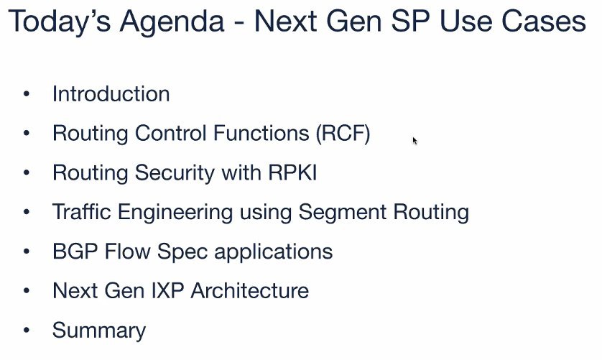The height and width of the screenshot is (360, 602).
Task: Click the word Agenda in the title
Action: [172, 22]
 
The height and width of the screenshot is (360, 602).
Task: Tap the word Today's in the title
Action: [60, 22]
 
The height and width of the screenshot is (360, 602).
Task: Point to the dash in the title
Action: [239, 24]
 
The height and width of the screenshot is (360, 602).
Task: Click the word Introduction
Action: [111, 93]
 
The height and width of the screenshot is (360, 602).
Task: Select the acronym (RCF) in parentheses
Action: [343, 134]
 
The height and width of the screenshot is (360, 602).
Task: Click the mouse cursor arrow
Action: [415, 141]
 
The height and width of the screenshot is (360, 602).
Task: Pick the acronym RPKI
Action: [292, 172]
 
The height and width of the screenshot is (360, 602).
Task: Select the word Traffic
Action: [81, 212]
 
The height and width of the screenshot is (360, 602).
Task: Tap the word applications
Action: [274, 251]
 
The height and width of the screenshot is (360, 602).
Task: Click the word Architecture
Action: [250, 290]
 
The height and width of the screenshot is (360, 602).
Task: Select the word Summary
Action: [99, 331]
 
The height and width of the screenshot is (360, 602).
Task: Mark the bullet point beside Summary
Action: [27, 330]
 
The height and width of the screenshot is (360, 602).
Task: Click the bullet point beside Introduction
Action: [27, 93]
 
